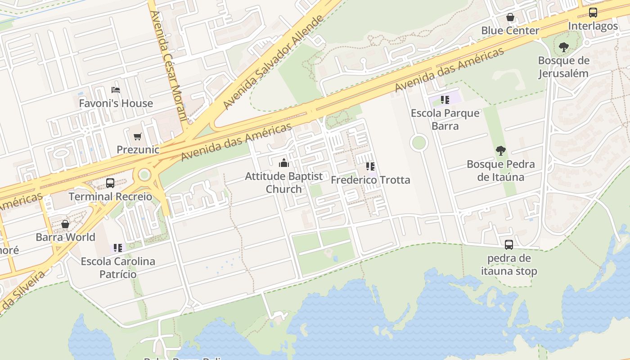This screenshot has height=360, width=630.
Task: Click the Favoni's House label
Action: (116, 103)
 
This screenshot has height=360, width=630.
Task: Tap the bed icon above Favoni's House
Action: (116, 90)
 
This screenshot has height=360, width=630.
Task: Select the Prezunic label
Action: (138, 149)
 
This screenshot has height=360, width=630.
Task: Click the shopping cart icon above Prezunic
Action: (138, 136)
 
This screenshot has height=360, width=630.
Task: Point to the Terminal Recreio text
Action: (110, 197)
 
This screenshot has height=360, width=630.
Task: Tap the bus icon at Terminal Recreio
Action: (110, 183)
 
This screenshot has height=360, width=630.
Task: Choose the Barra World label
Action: (65, 237)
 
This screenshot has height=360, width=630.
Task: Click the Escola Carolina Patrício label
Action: (118, 267)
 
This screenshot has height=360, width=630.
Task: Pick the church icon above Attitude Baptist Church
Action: (284, 163)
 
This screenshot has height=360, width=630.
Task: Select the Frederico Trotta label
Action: (370, 180)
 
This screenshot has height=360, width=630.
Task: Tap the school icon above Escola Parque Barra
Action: (445, 100)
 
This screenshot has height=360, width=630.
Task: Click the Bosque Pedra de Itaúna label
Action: (500, 171)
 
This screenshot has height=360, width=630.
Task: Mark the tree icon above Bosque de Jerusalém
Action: (563, 47)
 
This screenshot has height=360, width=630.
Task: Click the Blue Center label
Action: (510, 31)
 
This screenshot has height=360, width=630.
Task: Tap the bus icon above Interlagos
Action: (593, 13)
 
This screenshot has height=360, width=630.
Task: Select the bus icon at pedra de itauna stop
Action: (509, 245)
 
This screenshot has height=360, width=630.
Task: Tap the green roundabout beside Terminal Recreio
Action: (144, 175)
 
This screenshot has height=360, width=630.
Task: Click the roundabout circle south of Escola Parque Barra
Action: (418, 143)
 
